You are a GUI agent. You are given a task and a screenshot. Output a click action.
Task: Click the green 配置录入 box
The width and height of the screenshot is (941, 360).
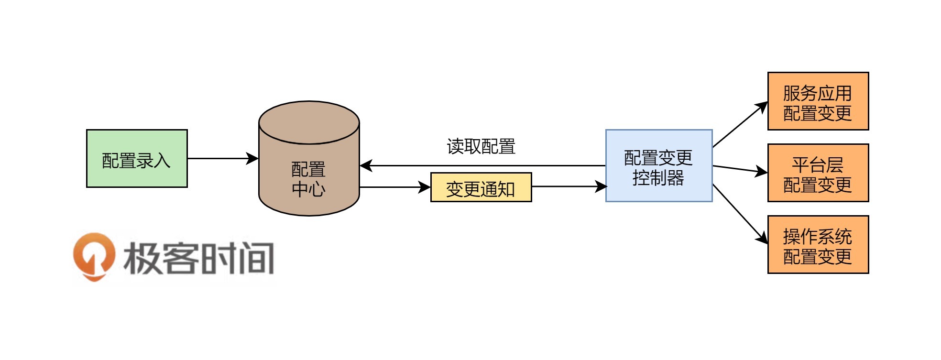pyautogui.click(x=137, y=158)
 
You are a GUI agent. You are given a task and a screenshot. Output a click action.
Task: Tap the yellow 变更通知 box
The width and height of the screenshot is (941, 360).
pyautogui.click(x=481, y=187)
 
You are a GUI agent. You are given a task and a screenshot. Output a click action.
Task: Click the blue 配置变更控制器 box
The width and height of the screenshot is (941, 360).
pyautogui.click(x=659, y=165)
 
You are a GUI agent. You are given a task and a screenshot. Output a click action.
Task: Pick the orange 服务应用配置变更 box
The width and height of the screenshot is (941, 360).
pyautogui.click(x=818, y=101)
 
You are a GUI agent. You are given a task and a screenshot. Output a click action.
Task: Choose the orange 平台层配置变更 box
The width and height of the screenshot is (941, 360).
pyautogui.click(x=818, y=173)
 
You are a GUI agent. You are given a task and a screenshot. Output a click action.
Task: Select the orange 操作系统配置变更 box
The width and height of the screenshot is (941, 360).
pyautogui.click(x=818, y=245)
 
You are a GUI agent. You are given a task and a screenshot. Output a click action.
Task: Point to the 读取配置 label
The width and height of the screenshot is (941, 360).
pyautogui.click(x=481, y=146)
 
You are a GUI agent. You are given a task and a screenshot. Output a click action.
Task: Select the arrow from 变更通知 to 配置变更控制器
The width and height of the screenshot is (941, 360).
pyautogui.click(x=569, y=186)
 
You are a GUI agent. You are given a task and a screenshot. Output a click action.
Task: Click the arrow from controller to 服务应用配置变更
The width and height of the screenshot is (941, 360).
pyautogui.click(x=740, y=125)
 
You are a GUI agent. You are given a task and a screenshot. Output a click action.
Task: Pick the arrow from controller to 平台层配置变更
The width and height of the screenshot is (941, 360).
pyautogui.click(x=740, y=169)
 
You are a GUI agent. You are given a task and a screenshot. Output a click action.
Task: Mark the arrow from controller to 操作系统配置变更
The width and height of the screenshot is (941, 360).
pyautogui.click(x=740, y=213)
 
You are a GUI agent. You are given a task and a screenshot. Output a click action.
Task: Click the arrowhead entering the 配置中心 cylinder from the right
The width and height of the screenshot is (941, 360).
pyautogui.click(x=366, y=166)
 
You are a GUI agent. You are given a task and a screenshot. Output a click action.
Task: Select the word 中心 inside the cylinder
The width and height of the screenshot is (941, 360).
pyautogui.click(x=309, y=189)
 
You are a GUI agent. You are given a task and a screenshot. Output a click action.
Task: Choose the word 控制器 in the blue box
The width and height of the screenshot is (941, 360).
pyautogui.click(x=658, y=178)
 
